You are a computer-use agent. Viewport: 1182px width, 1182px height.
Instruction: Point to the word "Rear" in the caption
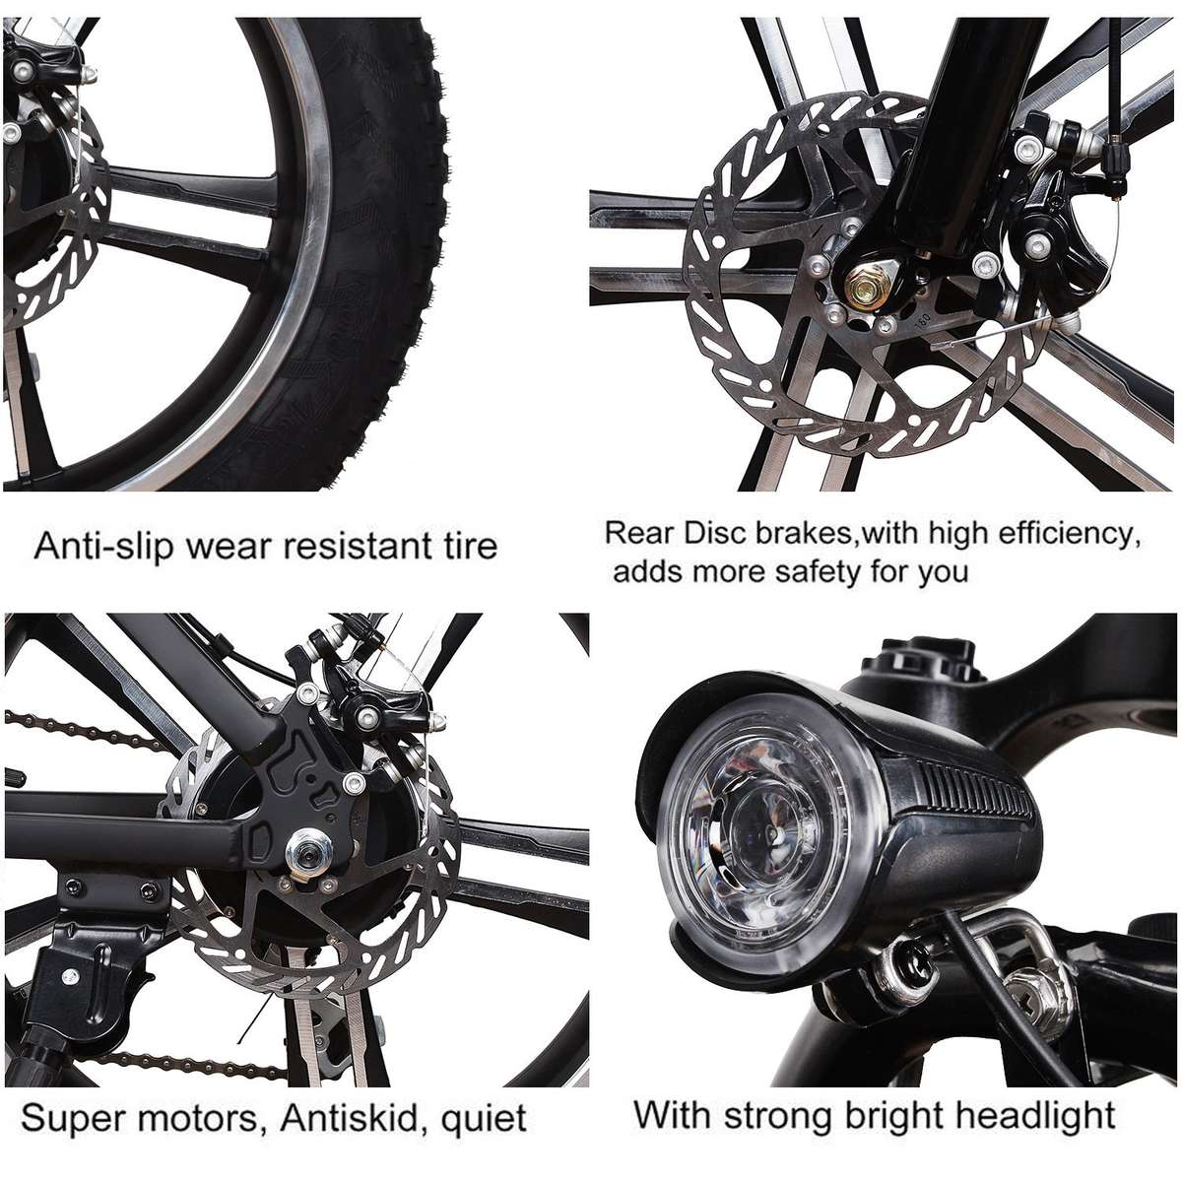pos(637,533)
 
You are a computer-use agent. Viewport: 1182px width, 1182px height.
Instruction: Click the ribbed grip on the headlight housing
pos(973,791)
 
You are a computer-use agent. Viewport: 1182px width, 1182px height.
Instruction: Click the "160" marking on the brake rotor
pos(923,321)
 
